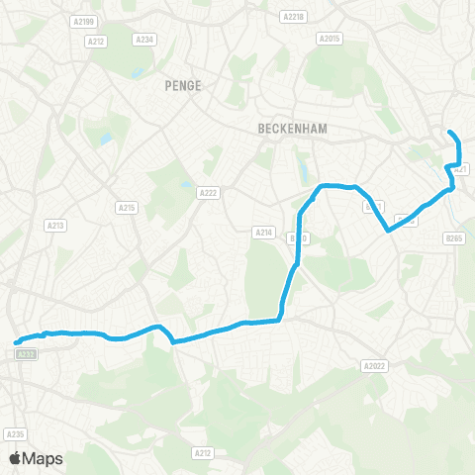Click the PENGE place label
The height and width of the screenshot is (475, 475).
[x=183, y=85]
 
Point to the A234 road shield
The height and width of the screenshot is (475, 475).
[x=144, y=40]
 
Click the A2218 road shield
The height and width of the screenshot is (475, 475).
[x=293, y=17]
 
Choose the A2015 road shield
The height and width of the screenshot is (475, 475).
[x=329, y=38]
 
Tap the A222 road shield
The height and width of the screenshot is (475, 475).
[x=208, y=193]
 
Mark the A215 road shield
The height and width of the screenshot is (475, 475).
[x=126, y=207]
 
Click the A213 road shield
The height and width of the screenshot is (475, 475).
[x=55, y=226]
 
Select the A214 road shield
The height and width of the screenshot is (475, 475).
[x=263, y=232]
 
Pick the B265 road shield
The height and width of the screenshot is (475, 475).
[x=454, y=237]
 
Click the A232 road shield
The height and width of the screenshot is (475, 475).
[x=27, y=353]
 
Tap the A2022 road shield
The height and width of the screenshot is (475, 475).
[x=374, y=366]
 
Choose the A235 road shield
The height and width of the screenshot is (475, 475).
[x=15, y=433]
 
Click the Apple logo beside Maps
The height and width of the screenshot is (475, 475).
[x=14, y=458]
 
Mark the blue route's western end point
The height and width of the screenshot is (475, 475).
[x=17, y=343]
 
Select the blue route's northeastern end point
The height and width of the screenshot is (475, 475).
[x=450, y=133]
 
